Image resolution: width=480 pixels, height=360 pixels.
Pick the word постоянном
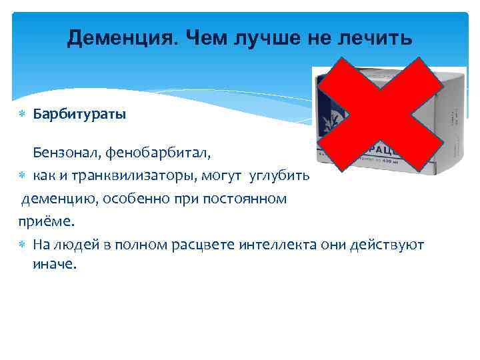[247, 198]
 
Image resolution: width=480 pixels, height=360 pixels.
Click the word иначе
[55, 265]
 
